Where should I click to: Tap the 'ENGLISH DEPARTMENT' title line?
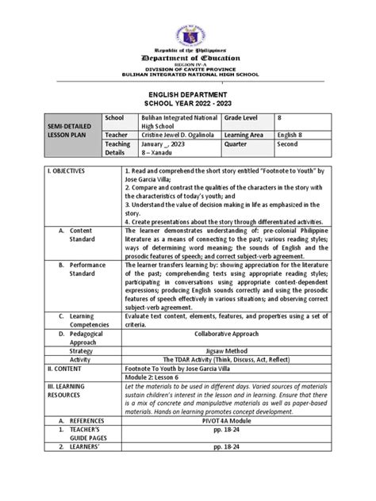pos(188,93)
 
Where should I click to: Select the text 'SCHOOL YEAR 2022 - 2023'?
pos(188,104)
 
